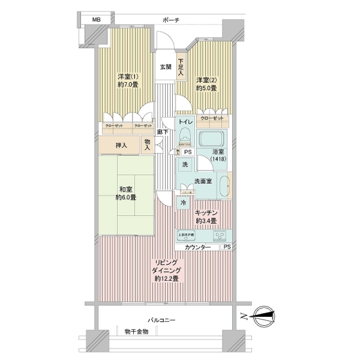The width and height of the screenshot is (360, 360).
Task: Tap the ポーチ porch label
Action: [x=171, y=20]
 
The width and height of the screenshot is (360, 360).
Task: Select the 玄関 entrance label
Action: [x=165, y=67]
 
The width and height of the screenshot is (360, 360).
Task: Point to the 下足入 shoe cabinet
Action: [x=180, y=67]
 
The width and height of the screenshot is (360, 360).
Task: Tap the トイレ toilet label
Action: [x=185, y=122]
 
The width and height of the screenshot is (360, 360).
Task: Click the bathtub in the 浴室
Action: [x=211, y=139]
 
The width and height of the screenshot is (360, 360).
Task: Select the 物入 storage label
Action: [x=148, y=145]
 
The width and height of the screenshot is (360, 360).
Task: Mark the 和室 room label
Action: [x=127, y=193]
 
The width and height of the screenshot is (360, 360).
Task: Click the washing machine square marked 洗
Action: [x=185, y=164]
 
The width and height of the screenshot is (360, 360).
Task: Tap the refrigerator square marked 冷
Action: [x=184, y=203]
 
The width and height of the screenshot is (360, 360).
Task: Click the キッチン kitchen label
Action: [x=206, y=217]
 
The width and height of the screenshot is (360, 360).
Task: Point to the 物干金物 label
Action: [x=137, y=331]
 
